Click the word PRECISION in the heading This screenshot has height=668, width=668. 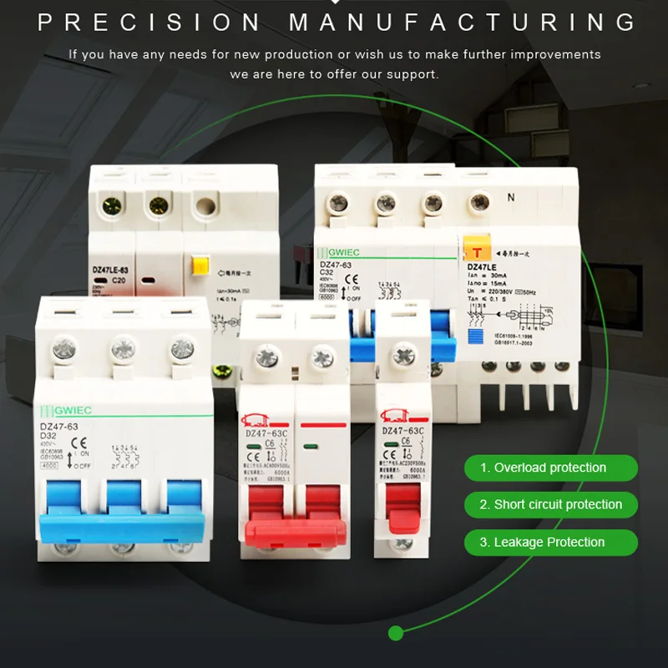click(x=151, y=22)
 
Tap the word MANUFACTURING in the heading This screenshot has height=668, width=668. click(x=463, y=22)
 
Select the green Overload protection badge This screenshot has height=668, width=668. click(x=550, y=468)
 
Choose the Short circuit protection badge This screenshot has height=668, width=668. click(x=550, y=504)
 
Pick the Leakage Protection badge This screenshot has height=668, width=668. click(x=550, y=542)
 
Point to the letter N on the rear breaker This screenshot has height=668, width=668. click(x=510, y=198)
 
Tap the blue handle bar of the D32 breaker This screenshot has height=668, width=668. click(x=123, y=523)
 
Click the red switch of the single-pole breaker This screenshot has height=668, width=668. click(x=402, y=511)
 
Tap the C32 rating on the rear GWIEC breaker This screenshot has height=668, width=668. click(x=331, y=272)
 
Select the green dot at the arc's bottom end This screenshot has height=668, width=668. click(x=397, y=632)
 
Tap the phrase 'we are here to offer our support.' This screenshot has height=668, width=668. click(x=334, y=74)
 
